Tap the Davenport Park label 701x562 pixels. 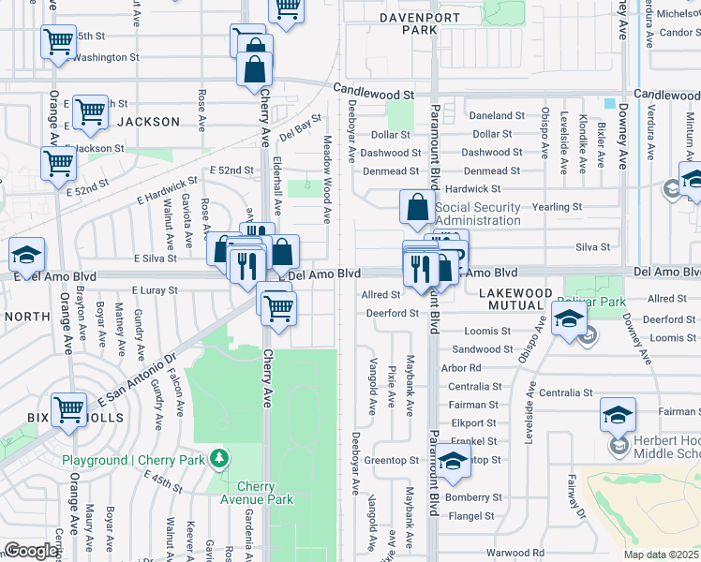click(408, 23)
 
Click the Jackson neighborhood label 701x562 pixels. click(148, 122)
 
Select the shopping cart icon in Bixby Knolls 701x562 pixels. click(69, 410)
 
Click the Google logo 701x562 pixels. click(30, 551)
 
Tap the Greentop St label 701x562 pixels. click(392, 460)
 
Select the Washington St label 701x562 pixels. click(106, 57)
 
